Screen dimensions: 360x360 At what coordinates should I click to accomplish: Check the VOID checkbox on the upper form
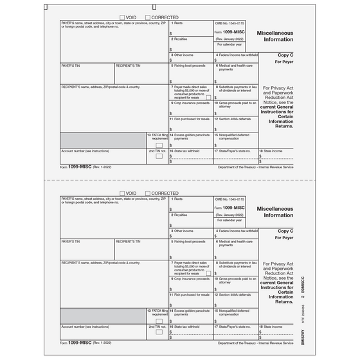coord(123,17)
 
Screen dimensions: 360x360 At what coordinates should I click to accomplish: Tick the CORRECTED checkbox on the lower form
coord(148,193)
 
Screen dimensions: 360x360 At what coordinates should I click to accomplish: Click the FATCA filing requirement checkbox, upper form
coord(159,144)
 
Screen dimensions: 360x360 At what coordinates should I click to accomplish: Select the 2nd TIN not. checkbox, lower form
coord(159,332)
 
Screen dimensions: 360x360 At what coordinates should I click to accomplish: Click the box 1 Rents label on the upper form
coord(178,22)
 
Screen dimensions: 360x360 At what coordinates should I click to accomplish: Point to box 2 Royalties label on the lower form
coord(180,215)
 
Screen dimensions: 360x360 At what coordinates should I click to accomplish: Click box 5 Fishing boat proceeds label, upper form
coord(190,65)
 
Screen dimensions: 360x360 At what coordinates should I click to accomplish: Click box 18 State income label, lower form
coord(271,327)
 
